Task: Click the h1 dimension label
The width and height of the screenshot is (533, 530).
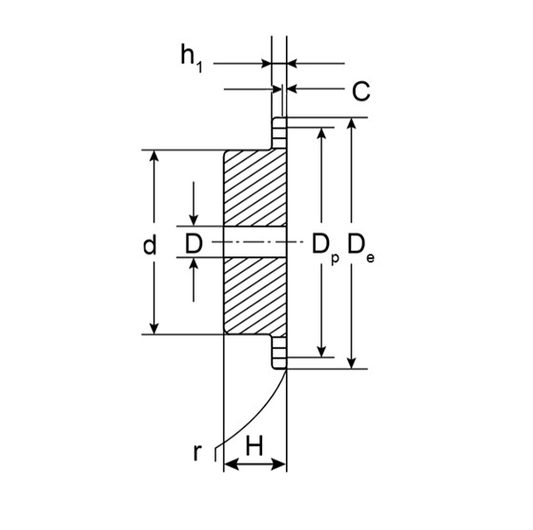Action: click(191, 59)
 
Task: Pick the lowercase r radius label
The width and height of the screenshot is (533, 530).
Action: click(197, 451)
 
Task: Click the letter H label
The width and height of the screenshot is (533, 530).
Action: click(255, 444)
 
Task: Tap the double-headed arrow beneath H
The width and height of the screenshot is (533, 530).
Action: click(255, 464)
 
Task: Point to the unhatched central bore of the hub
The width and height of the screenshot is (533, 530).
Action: click(254, 243)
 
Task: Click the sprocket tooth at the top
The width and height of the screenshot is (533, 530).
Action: click(279, 132)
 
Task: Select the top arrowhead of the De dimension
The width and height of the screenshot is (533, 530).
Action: click(354, 126)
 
